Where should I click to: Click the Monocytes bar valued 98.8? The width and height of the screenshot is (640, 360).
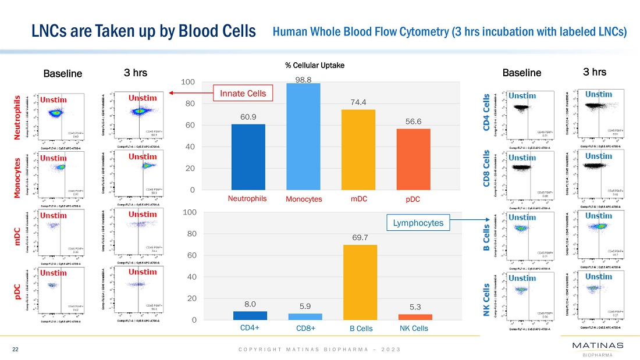(303, 137)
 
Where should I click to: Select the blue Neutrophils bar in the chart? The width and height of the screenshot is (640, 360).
(248, 157)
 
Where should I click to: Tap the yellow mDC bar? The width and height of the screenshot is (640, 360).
(358, 149)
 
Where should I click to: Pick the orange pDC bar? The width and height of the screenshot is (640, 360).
(414, 159)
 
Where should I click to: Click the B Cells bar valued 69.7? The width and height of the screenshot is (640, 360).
(360, 282)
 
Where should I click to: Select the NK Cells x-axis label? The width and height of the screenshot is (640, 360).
(414, 329)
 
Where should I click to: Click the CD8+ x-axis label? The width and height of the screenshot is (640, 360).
(305, 329)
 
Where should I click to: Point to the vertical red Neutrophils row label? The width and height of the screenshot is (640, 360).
(18, 118)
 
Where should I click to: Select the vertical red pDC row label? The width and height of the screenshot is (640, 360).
(18, 293)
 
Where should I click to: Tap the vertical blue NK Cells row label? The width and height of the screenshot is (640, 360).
(488, 300)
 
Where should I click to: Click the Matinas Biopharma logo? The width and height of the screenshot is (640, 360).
(598, 350)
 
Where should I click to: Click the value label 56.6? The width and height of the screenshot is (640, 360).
(414, 122)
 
